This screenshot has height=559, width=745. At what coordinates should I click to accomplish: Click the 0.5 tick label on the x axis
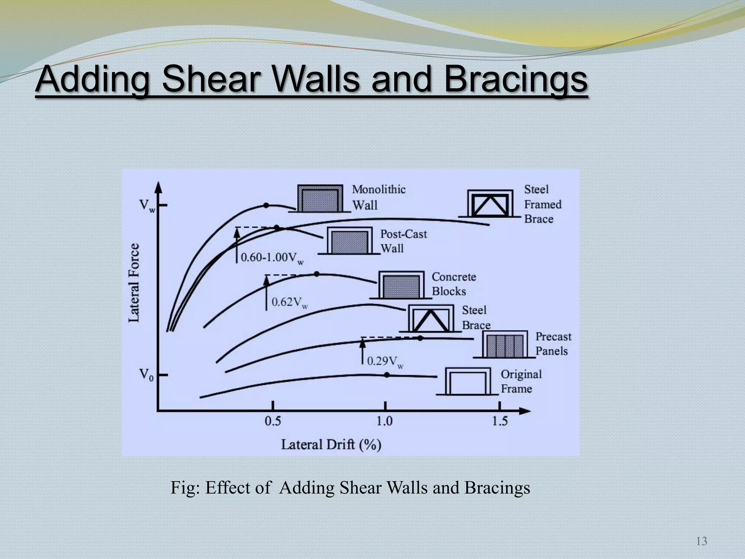272,421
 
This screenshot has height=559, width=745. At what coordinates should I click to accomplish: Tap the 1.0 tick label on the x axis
384,421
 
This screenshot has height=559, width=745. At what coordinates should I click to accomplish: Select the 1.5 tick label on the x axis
499,421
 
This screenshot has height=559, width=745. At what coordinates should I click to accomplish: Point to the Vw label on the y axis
147,206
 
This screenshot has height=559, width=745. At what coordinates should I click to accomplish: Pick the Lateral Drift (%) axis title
331,445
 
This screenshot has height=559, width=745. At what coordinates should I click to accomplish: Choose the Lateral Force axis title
134,282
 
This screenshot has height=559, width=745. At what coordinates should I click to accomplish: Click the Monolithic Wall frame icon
320,199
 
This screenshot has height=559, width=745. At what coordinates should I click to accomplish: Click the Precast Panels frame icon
505,345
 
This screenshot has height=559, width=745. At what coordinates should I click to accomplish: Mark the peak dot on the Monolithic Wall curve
266,205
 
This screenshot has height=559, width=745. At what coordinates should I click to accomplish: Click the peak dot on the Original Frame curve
387,375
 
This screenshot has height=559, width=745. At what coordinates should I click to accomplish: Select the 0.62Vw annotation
290,302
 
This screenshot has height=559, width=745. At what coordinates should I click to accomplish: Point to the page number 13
701,541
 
